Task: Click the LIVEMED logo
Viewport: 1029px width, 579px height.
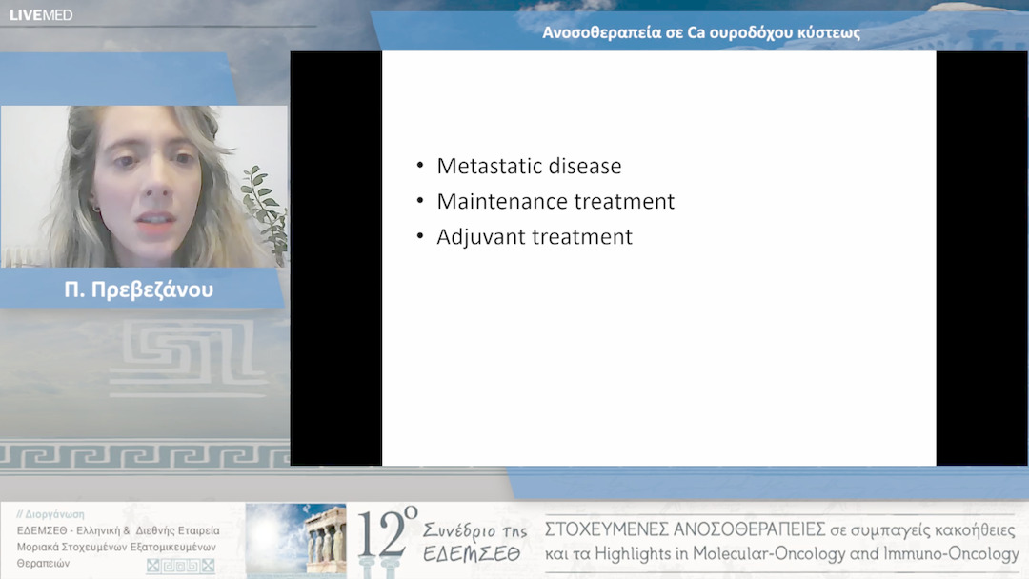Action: pyautogui.click(x=41, y=15)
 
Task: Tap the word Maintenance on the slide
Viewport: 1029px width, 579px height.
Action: pyautogui.click(x=500, y=201)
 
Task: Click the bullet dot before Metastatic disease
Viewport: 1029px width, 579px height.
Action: pyautogui.click(x=420, y=166)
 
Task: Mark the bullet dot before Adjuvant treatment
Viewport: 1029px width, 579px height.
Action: pyautogui.click(x=420, y=236)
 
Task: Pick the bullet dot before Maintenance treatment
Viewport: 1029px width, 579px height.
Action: pyautogui.click(x=420, y=201)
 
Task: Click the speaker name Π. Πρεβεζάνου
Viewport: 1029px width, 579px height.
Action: pyautogui.click(x=139, y=289)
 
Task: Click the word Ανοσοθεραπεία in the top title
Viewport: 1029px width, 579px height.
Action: pyautogui.click(x=602, y=32)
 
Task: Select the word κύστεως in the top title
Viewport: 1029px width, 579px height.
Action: pyautogui.click(x=829, y=32)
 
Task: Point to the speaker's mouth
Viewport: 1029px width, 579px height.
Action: pyautogui.click(x=156, y=220)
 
